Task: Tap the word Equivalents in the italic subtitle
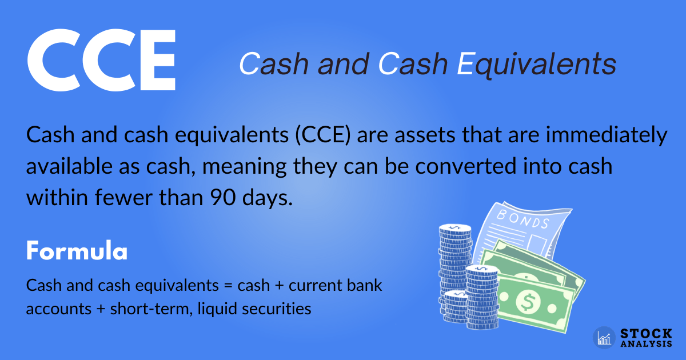(537, 65)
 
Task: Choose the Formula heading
(76, 251)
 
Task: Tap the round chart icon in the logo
(604, 338)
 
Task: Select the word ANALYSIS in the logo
(646, 344)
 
